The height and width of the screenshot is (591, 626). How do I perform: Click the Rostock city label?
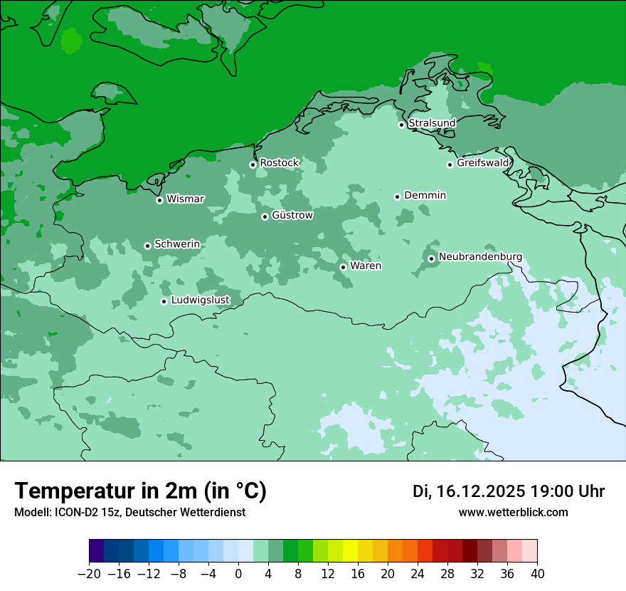pos(279,163)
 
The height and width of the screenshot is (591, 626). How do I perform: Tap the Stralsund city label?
pos(432,123)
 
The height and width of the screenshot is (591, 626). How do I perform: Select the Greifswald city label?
pos(483,163)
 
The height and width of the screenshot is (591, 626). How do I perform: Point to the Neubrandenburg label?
pos(480,257)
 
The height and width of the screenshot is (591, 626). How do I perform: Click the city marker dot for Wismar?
pos(159,200)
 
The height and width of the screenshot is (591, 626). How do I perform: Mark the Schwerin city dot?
pos(147,246)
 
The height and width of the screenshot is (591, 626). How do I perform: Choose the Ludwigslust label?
pos(200,300)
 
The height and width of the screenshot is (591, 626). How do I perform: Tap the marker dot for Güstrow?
pos(265,216)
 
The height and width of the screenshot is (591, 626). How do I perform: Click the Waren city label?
pos(366,266)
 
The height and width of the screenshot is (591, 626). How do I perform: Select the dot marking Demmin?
pos(397,197)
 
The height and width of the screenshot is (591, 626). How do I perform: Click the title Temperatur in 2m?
pos(140,491)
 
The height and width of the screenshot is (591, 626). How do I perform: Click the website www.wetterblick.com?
pos(513,513)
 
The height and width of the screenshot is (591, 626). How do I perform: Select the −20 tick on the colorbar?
pos(89,574)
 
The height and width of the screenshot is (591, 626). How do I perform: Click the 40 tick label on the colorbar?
pos(537,574)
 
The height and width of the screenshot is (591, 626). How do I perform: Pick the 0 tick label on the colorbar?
pos(238,574)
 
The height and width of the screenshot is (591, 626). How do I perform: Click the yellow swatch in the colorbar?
pos(350,551)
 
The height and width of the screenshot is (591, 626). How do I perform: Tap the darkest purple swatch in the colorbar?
pos(97,551)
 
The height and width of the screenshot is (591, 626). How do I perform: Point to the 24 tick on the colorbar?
pos(418,574)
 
